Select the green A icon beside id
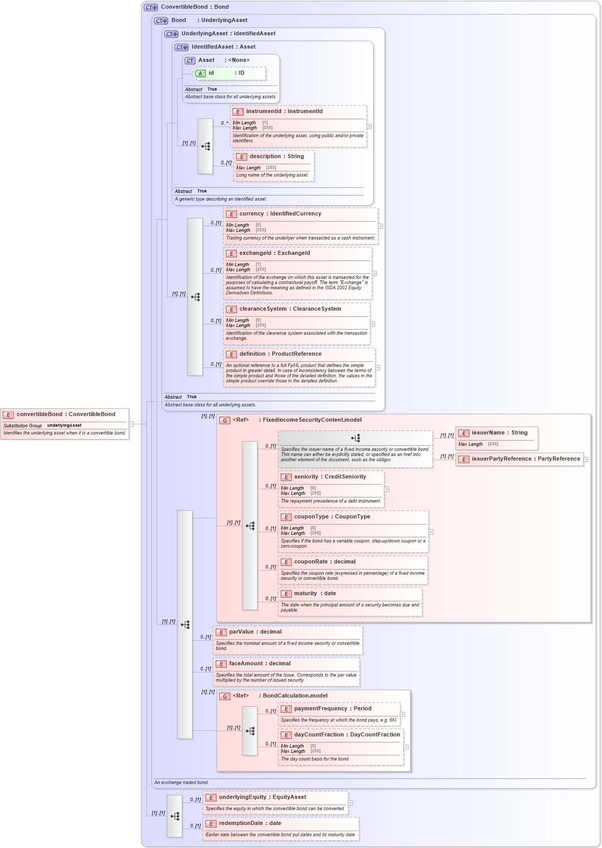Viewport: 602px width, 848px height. click(201, 74)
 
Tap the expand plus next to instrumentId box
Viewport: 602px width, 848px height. click(369, 126)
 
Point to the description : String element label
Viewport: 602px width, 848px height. click(276, 156)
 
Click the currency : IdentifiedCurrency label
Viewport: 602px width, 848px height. click(280, 213)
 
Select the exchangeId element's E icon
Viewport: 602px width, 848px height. click(231, 253)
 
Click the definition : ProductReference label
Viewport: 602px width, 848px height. click(280, 354)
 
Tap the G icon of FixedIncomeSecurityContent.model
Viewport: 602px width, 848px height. click(225, 420)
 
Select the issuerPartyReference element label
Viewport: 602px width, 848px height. click(526, 459)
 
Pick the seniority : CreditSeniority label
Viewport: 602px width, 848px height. click(330, 476)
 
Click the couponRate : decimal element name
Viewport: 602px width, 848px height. click(325, 561)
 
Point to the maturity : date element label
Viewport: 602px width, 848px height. click(315, 593)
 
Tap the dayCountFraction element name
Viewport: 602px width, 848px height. click(347, 734)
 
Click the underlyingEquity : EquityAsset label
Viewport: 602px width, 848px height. click(262, 797)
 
